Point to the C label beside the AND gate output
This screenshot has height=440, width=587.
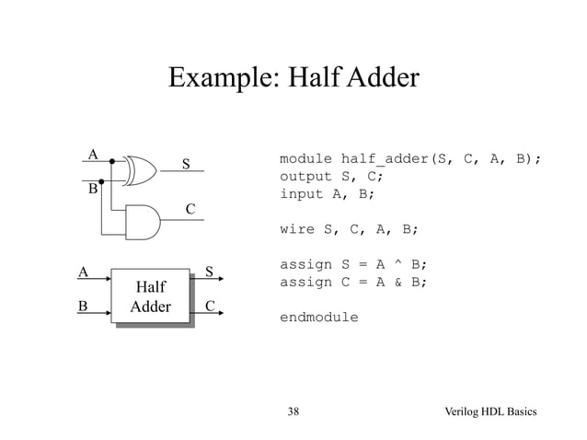(190, 210)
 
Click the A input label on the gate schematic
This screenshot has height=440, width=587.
(92, 152)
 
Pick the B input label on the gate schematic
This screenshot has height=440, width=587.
(92, 191)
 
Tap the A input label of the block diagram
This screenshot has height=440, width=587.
(82, 272)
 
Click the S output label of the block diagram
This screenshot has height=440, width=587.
(210, 272)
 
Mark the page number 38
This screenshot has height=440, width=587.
(293, 410)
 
